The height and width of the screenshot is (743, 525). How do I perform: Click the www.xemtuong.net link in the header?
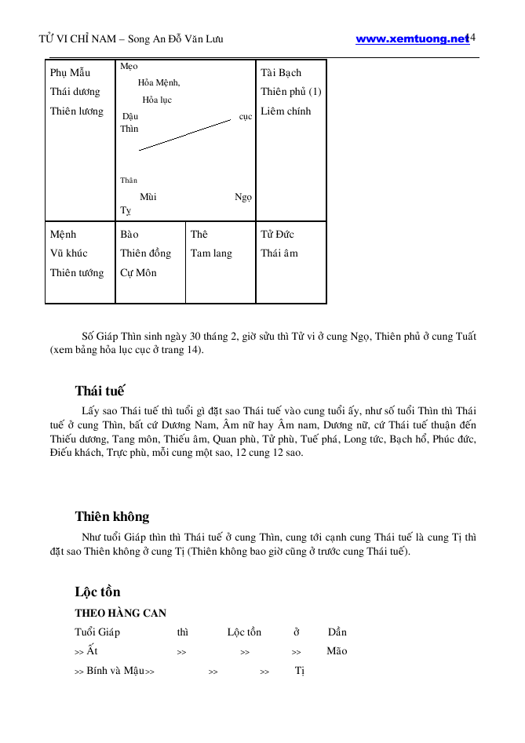[x=411, y=39]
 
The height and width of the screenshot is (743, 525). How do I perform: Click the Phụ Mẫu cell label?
[x=70, y=73]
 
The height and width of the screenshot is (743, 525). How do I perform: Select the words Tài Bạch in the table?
[x=281, y=73]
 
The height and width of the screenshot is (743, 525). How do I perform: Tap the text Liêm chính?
[x=286, y=111]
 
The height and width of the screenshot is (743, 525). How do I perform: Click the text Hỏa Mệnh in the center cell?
[x=159, y=82]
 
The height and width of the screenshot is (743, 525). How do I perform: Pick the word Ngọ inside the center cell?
[x=243, y=197]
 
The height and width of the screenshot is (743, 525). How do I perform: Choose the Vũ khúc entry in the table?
[x=68, y=253]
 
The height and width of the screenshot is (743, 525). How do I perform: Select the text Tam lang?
[x=211, y=253]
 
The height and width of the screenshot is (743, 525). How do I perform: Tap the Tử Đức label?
[x=277, y=235]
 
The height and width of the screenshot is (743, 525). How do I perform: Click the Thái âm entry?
[x=279, y=253]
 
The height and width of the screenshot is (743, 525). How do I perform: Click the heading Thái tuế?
[x=100, y=391]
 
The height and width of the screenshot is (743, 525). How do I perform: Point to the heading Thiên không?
[x=112, y=516]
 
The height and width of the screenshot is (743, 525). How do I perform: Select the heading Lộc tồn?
[x=97, y=592]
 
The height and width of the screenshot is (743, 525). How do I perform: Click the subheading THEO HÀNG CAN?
[x=120, y=613]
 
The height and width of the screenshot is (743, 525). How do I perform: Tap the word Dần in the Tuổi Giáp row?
[x=337, y=632]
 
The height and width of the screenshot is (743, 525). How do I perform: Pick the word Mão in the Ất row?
[x=337, y=651]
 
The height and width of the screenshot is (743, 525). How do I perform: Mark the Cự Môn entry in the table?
[x=138, y=273]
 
